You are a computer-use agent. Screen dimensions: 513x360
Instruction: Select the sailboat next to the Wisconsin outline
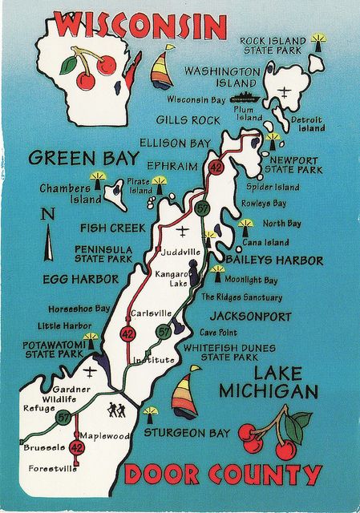pos(163,67)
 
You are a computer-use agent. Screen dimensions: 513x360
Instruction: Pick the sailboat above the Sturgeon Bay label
pos(186,394)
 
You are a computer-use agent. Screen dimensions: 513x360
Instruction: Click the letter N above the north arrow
pos(47,215)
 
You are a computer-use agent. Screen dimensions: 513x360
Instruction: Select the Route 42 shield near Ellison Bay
pos(216,168)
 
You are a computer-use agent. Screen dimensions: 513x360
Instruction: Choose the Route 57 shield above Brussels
pos(63,417)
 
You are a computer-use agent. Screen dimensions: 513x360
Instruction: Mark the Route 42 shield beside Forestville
pos(77,447)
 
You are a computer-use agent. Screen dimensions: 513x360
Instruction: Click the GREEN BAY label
pos(83,158)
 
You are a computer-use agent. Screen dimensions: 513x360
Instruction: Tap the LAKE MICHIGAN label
pos(269,382)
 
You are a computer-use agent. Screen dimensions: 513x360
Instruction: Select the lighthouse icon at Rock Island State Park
pos(318,39)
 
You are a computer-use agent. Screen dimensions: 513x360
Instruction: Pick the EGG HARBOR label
pos(80,279)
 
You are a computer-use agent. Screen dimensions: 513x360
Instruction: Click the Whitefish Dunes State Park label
pos(229,352)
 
